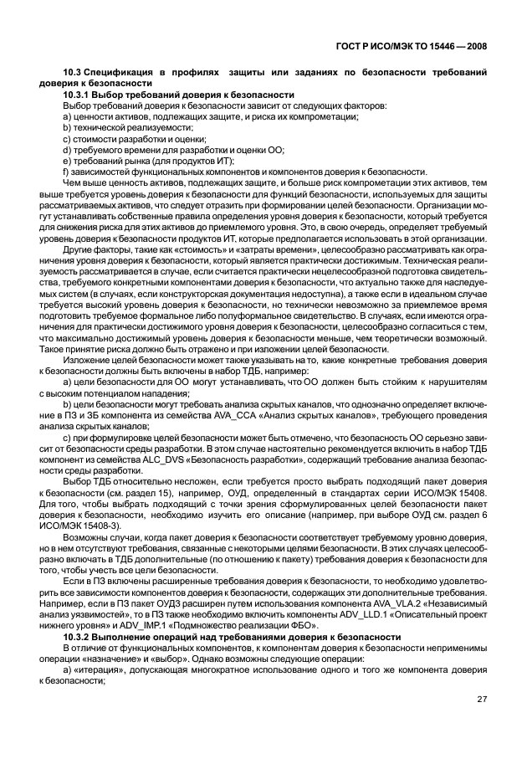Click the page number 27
point(483,700)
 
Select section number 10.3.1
point(79,95)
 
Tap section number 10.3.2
point(79,638)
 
